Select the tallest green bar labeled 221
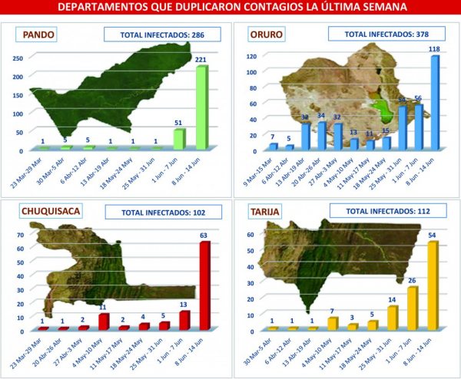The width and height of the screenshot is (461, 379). tap(201, 108)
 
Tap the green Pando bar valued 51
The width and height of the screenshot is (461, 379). tap(179, 140)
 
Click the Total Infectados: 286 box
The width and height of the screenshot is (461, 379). tap(161, 35)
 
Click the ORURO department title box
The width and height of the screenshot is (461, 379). tap(264, 35)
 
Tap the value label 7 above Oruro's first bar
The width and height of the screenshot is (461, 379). tap(272, 137)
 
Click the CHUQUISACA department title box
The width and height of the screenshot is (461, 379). tap(54, 210)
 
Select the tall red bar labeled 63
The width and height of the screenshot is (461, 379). tap(204, 286)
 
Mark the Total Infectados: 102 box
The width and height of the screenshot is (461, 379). tap(167, 211)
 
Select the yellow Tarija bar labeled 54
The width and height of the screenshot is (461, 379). tap(433, 285)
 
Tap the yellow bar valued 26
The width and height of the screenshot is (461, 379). tap(413, 308)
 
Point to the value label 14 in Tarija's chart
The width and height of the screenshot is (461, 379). tap(392, 300)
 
